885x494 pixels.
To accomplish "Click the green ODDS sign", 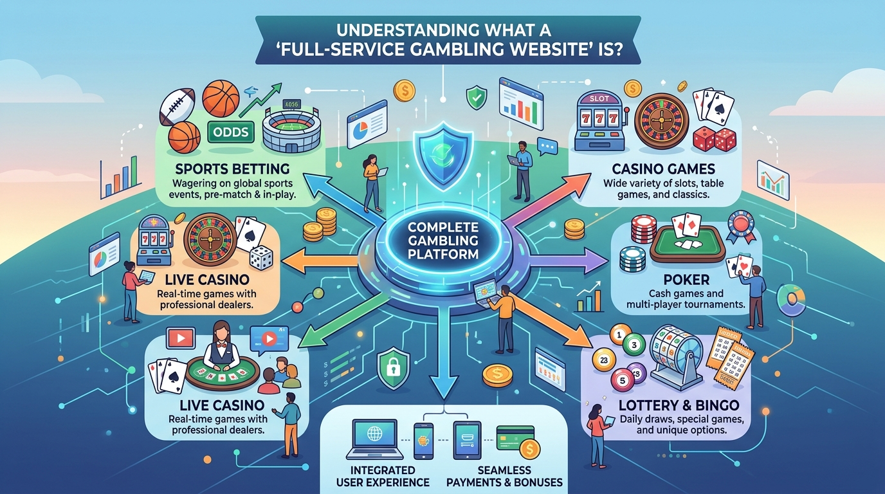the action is pos(231,132).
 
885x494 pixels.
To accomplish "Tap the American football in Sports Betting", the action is pos(178,106).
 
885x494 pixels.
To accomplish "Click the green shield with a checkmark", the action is pos(477,97).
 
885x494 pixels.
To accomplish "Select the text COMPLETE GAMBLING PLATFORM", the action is pos(443,241).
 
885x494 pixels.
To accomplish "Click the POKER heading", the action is pos(686,280).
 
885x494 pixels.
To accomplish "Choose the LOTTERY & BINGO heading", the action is pos(679,405).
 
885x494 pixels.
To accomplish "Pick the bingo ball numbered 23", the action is pos(604,360).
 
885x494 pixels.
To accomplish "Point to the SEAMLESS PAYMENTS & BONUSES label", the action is pos(504,476).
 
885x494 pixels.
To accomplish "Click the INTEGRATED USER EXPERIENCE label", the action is pos(383,476).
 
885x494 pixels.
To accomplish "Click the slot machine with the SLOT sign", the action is pos(599,122).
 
